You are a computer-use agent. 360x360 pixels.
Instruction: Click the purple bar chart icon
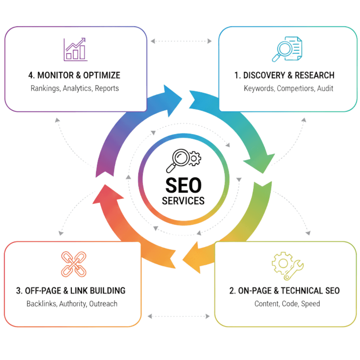pos(76,49)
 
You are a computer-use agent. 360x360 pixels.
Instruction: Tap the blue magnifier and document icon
pos(287,49)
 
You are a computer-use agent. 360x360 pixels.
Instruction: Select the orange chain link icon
pos(74,264)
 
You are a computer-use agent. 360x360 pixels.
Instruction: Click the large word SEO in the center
pos(183,185)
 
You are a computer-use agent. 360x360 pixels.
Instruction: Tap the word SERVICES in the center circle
pos(183,201)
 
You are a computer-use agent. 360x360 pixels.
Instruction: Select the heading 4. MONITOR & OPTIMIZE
pos(74,75)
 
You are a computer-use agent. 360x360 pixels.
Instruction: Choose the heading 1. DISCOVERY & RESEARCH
pos(284,75)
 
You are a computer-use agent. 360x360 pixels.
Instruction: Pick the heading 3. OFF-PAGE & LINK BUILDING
pos(71,291)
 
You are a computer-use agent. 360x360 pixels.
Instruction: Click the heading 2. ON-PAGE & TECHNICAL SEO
pos(284,291)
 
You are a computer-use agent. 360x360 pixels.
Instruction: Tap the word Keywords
pos(259,88)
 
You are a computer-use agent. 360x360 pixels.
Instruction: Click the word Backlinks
pos(42,304)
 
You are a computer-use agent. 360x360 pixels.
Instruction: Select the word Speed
pos(310,304)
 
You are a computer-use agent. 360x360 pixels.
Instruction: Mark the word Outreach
pos(103,304)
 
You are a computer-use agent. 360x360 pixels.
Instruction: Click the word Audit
pos(325,88)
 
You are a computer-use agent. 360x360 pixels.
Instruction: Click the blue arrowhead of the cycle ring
pos(172,101)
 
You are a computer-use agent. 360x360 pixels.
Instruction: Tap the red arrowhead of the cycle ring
pos(106,195)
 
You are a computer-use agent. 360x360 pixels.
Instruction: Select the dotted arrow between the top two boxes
pos(181,41)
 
